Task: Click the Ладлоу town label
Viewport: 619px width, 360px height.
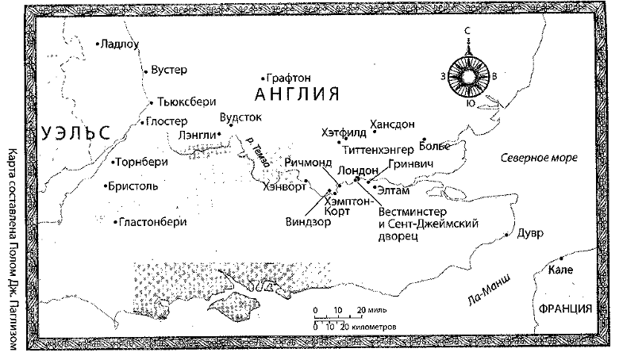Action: coord(121,44)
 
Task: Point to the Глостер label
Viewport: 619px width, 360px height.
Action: coord(167,122)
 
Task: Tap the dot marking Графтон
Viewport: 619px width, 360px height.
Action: coord(263,79)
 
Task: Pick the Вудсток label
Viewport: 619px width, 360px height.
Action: coord(240,116)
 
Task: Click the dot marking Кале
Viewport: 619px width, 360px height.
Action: coord(562,259)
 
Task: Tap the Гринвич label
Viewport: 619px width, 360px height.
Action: coord(410,163)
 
